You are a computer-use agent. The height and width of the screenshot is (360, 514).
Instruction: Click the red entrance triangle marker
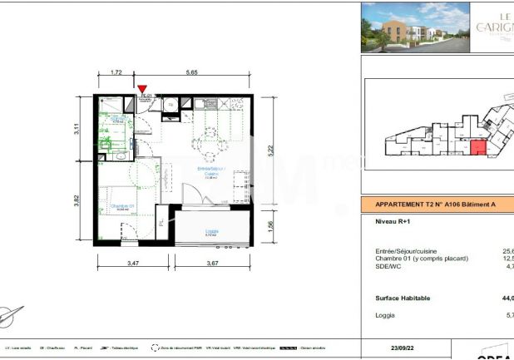pos(142,88)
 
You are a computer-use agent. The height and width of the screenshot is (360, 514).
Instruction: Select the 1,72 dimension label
pos(116,72)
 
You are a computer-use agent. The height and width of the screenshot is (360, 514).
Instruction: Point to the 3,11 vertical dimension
pos(77,129)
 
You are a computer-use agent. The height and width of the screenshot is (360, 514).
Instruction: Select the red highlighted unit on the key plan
pos(478,149)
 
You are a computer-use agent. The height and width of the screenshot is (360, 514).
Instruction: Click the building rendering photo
pos(413,28)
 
